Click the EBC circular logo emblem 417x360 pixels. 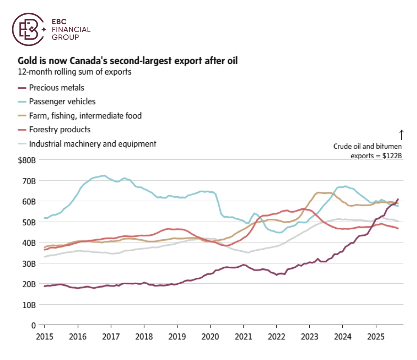coord(28,30)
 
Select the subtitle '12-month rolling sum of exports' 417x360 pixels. coord(74,72)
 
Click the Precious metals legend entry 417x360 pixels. coord(56,88)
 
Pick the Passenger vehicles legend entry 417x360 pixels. coord(62,102)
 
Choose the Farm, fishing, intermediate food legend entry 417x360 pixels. coord(85,116)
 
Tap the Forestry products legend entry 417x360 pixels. coord(59,130)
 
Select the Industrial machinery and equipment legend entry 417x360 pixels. coord(92,144)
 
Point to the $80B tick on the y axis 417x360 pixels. coord(27,160)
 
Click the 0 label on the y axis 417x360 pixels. coord(33,326)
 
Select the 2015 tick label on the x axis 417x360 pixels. coord(44,337)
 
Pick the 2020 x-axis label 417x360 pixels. coord(210,337)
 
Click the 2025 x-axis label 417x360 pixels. coord(376,337)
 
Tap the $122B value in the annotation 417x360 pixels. coord(392,156)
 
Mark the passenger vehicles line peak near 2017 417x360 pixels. coord(104,176)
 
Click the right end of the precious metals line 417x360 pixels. coord(398,199)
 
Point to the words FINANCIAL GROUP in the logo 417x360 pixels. coord(71,33)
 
